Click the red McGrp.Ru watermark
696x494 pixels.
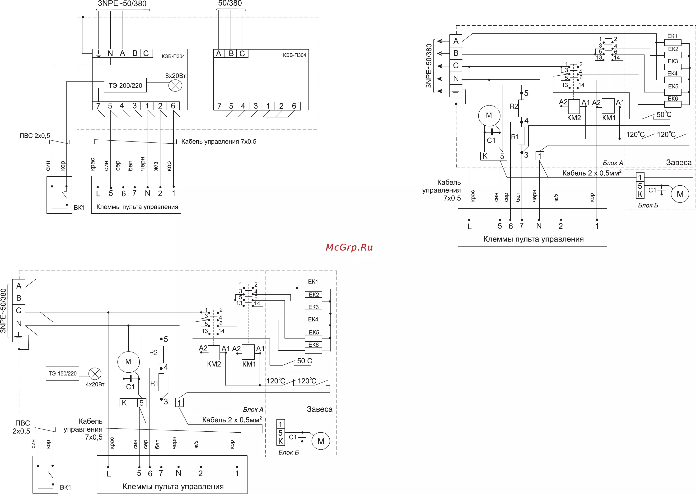(x=349, y=247)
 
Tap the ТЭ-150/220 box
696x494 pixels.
(x=62, y=373)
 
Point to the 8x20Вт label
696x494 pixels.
(x=175, y=76)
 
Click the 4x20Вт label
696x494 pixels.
(x=95, y=384)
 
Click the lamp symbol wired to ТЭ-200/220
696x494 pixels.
(x=175, y=86)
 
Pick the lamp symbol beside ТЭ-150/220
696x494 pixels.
(x=95, y=374)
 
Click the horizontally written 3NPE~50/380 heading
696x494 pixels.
(x=122, y=4)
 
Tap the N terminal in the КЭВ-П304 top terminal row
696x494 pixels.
(x=110, y=54)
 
